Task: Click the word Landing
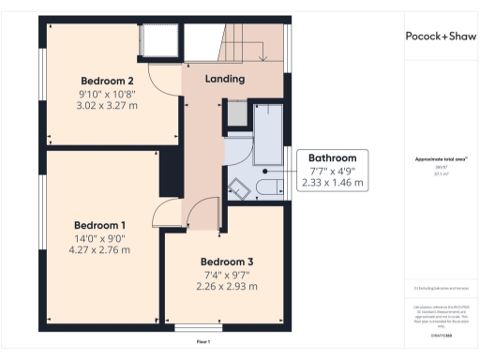(x=225, y=80)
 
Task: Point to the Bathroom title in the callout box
(x=333, y=158)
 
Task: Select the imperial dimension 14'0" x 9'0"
(x=99, y=238)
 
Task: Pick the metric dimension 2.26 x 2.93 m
(x=226, y=287)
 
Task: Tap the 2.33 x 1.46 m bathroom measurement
(x=333, y=184)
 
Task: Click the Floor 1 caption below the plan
(x=202, y=342)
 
